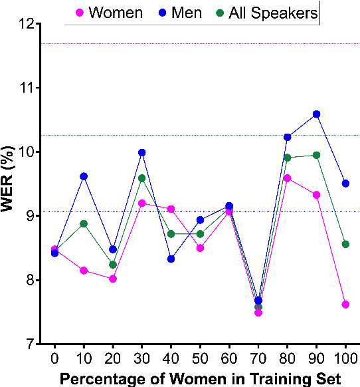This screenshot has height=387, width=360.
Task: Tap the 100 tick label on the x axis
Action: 345,358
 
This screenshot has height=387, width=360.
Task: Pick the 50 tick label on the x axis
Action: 200,358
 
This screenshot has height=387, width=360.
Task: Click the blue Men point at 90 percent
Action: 316,114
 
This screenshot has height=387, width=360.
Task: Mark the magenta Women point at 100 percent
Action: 345,305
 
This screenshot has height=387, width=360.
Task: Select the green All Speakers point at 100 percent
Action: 345,244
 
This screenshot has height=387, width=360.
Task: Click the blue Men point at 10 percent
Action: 84,176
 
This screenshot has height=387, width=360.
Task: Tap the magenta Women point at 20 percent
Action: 113,279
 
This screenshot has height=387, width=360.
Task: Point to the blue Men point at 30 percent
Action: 141,153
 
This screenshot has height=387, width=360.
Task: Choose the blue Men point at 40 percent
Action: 171,259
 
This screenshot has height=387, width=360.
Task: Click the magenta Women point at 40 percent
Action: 171,209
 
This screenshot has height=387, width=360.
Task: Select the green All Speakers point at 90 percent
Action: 316,155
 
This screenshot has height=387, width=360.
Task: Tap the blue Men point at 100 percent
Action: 345,184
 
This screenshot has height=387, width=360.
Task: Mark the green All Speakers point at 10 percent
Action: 84,223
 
